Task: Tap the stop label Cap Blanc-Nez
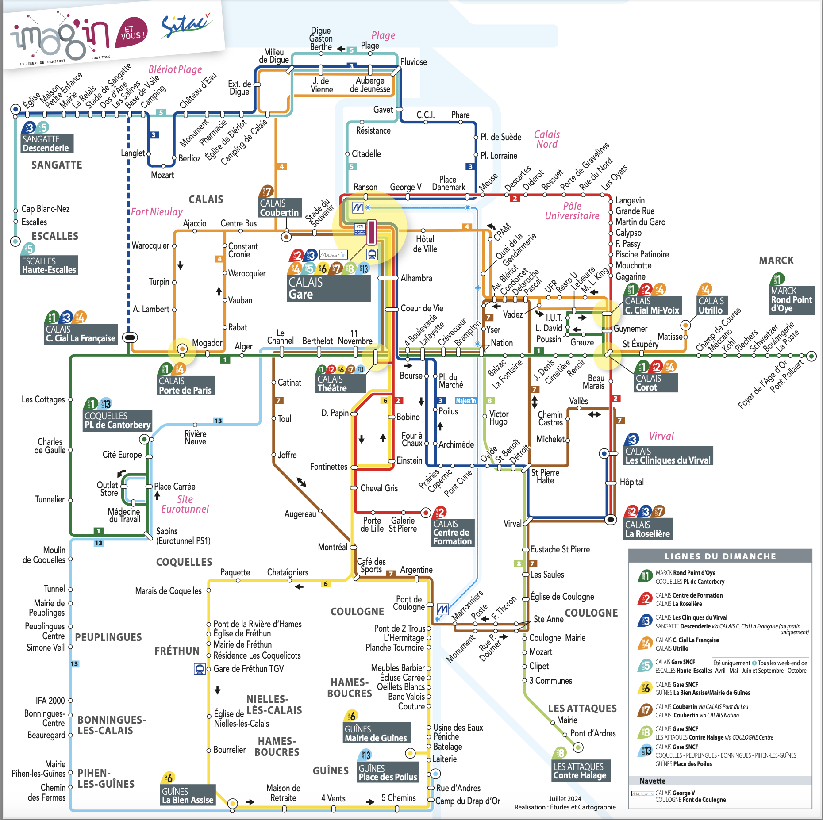coord(46,209)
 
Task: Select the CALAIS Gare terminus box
coord(329,288)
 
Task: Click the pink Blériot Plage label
coord(175,69)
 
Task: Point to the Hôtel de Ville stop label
coord(425,244)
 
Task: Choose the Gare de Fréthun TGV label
coord(249,669)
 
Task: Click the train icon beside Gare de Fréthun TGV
coord(200,669)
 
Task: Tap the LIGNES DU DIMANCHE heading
coord(720,556)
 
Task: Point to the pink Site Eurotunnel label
coord(185,504)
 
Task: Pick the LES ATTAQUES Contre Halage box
coord(580,771)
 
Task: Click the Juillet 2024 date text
coord(565,798)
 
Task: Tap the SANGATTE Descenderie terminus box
coord(47,143)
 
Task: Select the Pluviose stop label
coord(414,62)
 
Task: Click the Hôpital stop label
coord(632,482)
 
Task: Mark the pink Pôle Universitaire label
coord(572,211)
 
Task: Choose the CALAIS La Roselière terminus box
coord(648,529)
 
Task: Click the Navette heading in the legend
coord(652,781)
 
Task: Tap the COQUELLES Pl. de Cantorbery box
coord(118,421)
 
